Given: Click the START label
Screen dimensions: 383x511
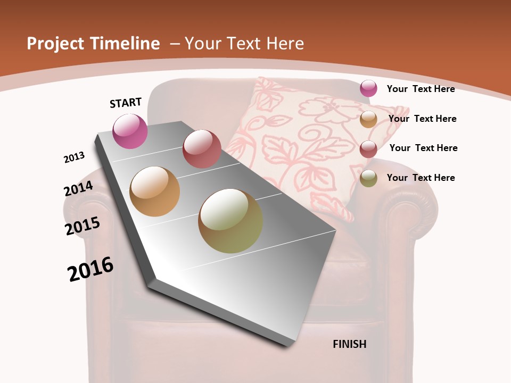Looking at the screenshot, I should click(x=126, y=103).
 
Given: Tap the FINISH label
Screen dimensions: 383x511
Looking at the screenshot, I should click(x=350, y=344).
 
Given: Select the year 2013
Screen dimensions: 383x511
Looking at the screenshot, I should click(x=75, y=157).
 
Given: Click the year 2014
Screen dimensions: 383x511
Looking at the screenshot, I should click(x=79, y=188).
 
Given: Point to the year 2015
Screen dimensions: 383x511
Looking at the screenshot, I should click(x=83, y=226).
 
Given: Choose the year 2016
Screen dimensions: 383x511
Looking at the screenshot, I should click(x=90, y=269).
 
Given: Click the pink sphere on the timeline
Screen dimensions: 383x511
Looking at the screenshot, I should click(x=130, y=131).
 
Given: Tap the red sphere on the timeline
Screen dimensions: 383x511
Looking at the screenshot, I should click(x=202, y=149).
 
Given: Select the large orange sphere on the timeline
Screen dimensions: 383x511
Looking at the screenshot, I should click(x=155, y=191).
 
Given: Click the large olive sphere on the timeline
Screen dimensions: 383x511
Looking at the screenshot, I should click(x=230, y=221).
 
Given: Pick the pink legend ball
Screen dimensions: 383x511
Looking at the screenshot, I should click(x=368, y=88).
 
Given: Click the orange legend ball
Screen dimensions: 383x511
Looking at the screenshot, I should click(x=368, y=119).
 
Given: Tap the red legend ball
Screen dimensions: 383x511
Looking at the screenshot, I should click(x=368, y=149).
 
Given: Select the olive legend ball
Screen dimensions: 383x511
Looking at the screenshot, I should click(x=368, y=179).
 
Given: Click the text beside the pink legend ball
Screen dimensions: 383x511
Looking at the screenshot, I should click(x=421, y=89).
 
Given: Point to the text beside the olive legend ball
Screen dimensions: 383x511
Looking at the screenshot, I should click(x=421, y=178).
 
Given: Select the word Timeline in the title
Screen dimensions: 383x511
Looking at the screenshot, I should click(x=127, y=44).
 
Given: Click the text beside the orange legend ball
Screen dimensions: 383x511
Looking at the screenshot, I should click(x=422, y=119).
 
